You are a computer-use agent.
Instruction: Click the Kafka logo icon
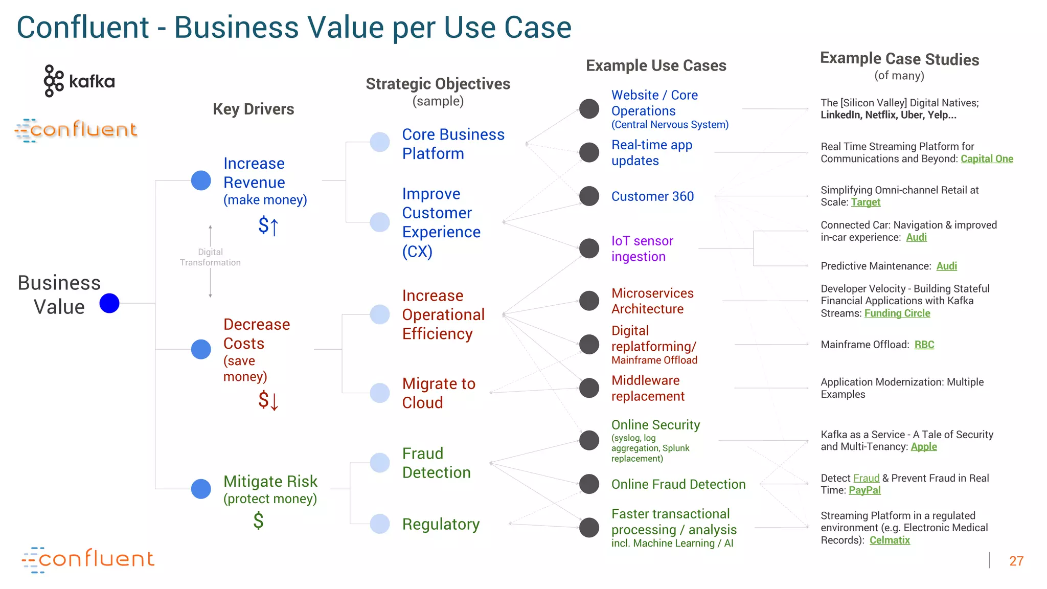54,81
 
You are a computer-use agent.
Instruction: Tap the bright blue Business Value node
109,303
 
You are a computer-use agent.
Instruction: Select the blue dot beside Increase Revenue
201,180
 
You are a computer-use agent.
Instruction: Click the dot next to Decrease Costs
201,349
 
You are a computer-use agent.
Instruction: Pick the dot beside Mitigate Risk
201,489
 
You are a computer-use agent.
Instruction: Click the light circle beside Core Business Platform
380,142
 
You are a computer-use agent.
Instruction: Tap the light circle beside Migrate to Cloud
380,393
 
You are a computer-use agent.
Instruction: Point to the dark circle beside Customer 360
589,196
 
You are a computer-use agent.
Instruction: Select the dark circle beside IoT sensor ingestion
589,248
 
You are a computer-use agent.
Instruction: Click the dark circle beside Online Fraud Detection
589,484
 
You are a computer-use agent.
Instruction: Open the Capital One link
987,159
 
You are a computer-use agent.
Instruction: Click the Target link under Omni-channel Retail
866,202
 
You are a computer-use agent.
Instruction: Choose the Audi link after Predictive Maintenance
946,266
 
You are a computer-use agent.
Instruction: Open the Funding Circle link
897,313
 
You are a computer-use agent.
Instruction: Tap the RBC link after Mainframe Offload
924,345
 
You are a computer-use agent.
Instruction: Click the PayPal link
864,490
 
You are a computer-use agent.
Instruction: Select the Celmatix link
890,540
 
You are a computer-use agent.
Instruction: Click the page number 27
1016,561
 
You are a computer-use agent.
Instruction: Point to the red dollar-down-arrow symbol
268,400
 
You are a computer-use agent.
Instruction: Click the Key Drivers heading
254,109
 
